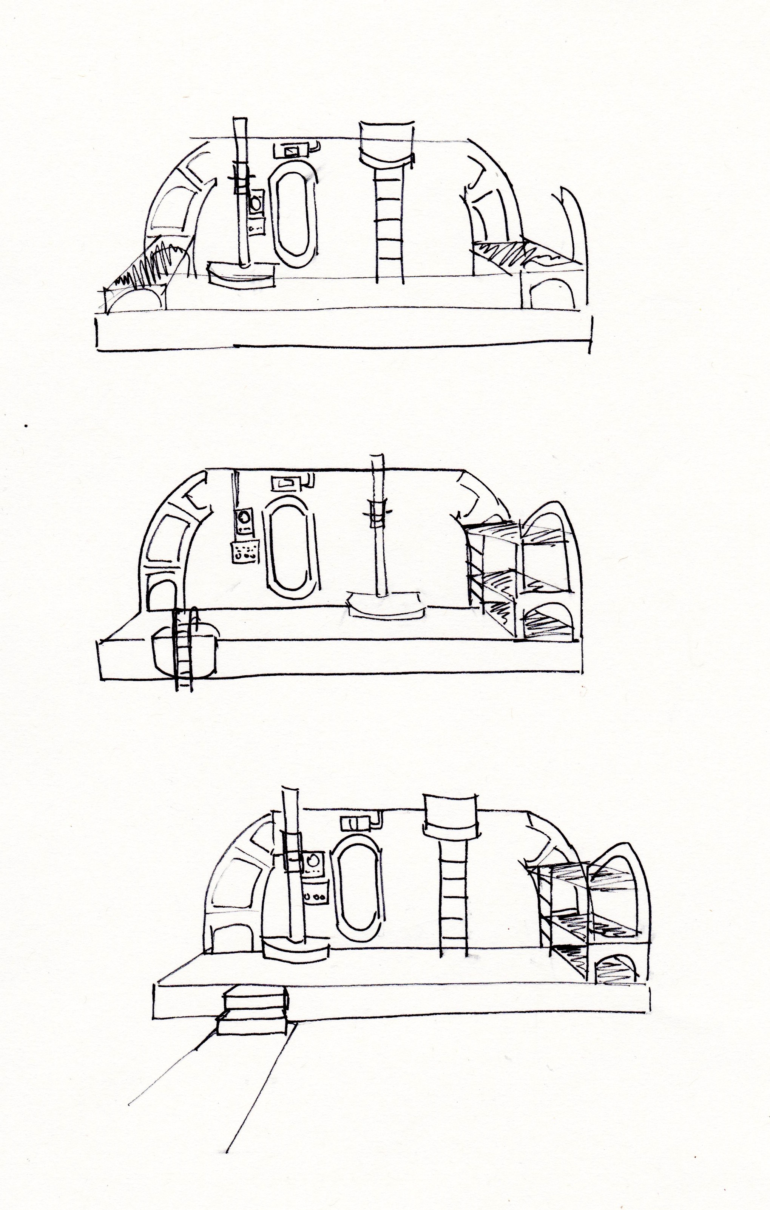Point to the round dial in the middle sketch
245,517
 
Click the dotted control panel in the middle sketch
245,553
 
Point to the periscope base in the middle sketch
384,605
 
